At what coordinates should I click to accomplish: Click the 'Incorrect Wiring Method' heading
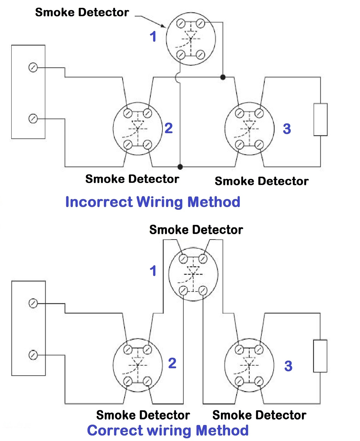point(153,202)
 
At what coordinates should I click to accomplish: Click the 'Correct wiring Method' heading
point(168,430)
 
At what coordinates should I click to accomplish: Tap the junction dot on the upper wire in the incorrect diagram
point(223,77)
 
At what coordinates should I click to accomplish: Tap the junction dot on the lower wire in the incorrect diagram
point(180,166)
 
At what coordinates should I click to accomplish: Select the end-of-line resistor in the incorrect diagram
point(320,119)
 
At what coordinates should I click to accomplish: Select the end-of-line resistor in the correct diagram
point(320,356)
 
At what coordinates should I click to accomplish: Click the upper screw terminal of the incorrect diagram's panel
point(33,68)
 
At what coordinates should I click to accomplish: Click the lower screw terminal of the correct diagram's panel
point(33,355)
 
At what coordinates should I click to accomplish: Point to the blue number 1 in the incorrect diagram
point(153,37)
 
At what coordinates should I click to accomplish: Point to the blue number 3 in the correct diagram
point(288,366)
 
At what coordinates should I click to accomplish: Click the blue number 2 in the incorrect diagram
point(169,128)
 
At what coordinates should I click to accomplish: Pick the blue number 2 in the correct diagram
point(172,363)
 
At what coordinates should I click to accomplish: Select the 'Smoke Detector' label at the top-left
point(82,12)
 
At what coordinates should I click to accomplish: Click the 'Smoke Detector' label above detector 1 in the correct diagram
point(196,230)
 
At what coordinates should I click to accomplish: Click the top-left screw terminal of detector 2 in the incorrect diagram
point(128,113)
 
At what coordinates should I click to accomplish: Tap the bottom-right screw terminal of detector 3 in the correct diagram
point(259,381)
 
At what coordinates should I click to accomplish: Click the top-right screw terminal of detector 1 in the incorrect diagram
point(201,24)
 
